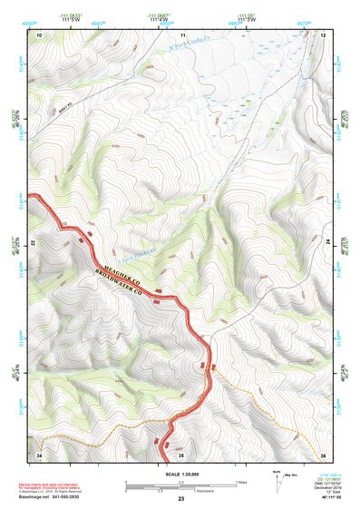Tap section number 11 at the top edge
pyautogui.click(x=182, y=34)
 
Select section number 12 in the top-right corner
pyautogui.click(x=323, y=34)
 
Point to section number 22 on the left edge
pyautogui.click(x=34, y=243)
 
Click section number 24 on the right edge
pyautogui.click(x=327, y=243)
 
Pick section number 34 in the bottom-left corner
pyautogui.click(x=39, y=453)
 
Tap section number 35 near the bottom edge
pyautogui.click(x=182, y=453)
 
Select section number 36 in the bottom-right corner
pyautogui.click(x=323, y=453)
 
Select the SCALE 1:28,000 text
pyautogui.click(x=180, y=473)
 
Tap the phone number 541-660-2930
pyautogui.click(x=73, y=496)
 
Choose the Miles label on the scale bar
pyautogui.click(x=241, y=481)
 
